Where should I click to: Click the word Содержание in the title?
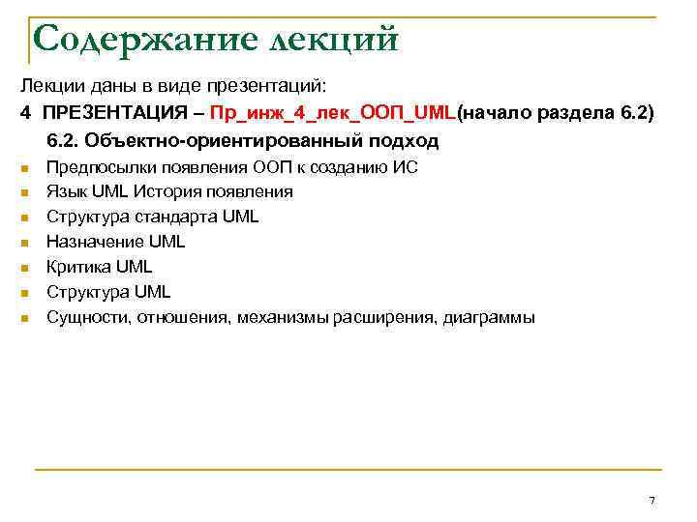(125, 41)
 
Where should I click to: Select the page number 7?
(652, 500)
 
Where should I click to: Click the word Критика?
(79, 267)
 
